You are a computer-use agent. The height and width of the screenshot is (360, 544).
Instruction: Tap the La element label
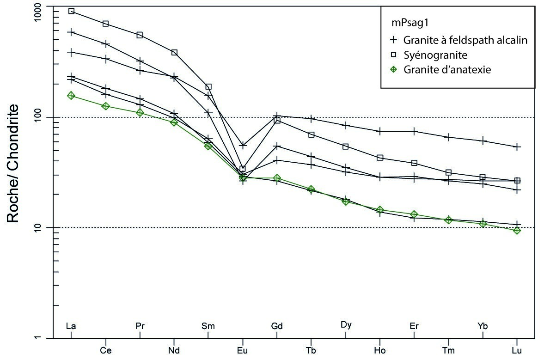(x=71, y=326)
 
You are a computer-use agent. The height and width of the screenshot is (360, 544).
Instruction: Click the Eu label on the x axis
(x=242, y=350)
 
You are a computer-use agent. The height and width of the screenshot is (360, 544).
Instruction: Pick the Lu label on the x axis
(x=517, y=350)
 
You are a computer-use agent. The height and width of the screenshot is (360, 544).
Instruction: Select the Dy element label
(x=346, y=324)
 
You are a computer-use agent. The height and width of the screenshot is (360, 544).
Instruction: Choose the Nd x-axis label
(x=174, y=350)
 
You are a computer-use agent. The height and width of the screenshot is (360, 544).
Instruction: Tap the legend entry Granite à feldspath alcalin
(x=465, y=40)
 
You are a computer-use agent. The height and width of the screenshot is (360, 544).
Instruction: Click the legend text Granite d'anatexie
(x=446, y=70)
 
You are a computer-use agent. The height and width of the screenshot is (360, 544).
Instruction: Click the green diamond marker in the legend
(x=394, y=70)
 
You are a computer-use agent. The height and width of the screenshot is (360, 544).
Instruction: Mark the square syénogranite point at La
(x=71, y=11)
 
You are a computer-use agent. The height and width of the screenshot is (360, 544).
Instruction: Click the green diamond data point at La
(x=71, y=96)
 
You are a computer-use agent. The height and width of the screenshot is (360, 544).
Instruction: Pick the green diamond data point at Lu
(x=517, y=230)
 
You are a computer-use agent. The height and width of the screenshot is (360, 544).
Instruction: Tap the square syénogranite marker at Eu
(x=242, y=169)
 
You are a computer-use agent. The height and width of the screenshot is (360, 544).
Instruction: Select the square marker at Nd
(x=174, y=53)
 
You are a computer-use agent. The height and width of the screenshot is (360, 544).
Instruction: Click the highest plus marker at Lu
(x=517, y=147)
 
